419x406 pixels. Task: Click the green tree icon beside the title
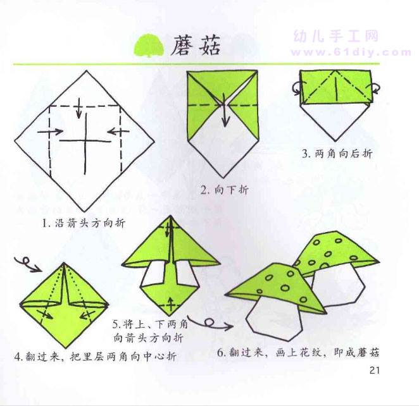(149, 45)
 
